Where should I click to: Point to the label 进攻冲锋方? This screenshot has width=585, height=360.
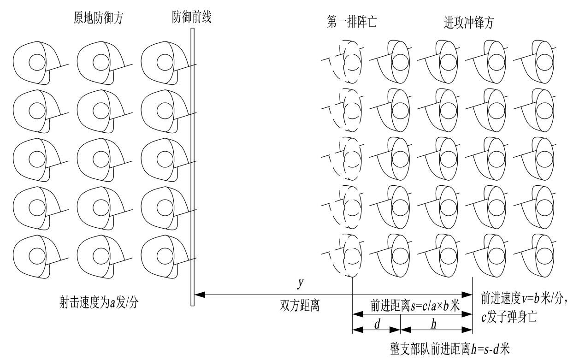468,24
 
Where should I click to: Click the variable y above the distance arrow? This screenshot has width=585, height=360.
300,284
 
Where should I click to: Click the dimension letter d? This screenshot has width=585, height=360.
377,324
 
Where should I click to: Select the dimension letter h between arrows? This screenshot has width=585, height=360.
433,324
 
